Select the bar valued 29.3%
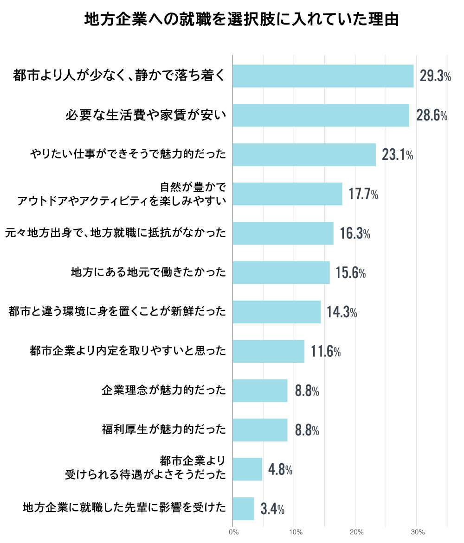323,76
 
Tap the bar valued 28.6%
321,115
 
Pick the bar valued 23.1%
304,155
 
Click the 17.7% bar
287,194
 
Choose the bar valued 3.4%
243,509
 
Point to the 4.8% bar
247,469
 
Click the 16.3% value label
354,234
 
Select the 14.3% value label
342,312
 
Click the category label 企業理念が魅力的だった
164,391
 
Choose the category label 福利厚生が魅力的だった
164,430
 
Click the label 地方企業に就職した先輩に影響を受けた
124,508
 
